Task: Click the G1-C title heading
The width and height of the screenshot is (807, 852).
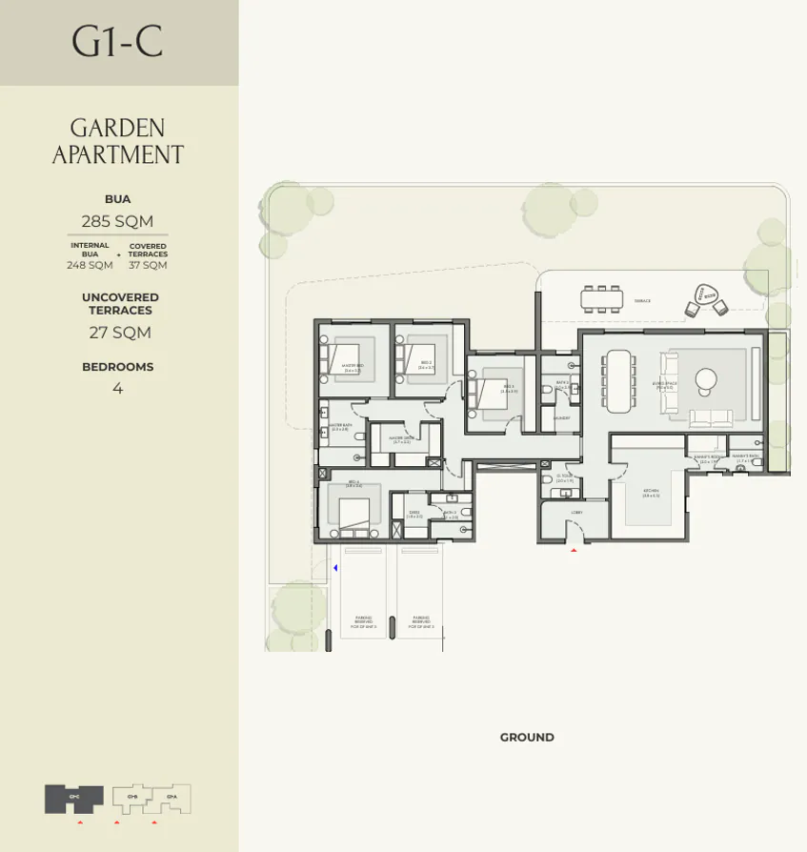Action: [x=118, y=43]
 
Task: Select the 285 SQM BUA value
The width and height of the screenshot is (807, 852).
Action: [x=117, y=221]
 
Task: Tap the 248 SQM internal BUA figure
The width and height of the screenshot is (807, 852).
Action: [x=90, y=266]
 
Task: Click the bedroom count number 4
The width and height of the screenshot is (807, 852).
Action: [x=117, y=389]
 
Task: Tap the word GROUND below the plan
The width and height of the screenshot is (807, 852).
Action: [x=527, y=738]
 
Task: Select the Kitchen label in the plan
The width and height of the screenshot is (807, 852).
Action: [x=651, y=493]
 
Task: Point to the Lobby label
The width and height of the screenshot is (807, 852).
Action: [x=575, y=513]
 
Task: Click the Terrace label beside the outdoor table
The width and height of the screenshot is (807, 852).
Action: [x=642, y=301]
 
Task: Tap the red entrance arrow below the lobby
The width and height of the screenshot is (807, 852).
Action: [x=574, y=550]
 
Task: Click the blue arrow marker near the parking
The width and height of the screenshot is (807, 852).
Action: [x=335, y=569]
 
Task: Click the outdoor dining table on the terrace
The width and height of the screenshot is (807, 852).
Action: [x=602, y=298]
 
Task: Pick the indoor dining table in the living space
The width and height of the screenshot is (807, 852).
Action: [x=618, y=380]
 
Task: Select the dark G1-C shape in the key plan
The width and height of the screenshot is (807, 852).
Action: [x=73, y=799]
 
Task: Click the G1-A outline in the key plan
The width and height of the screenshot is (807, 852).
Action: [x=172, y=799]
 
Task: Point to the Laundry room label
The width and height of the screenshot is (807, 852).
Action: [x=561, y=417]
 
